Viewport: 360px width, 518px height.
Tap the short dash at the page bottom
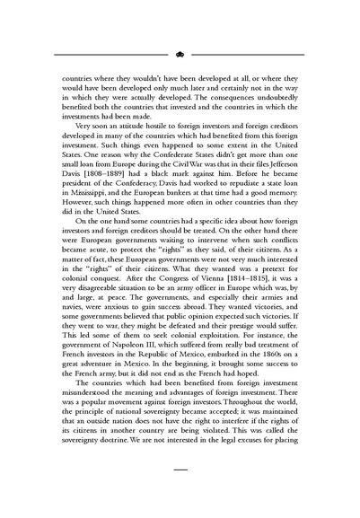point(180,493)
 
